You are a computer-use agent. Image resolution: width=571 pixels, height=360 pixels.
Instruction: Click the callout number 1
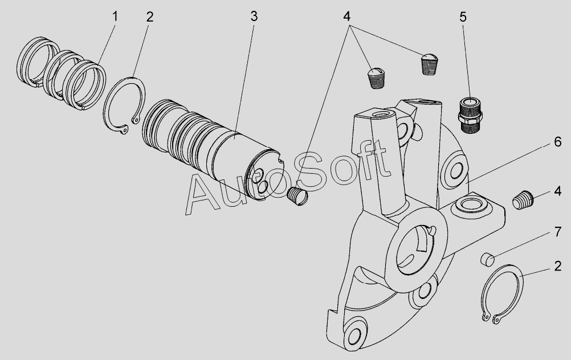[115, 17]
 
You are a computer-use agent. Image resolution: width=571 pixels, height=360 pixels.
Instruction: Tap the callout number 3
[254, 17]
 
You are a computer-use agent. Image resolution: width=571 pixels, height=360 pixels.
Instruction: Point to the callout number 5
[463, 17]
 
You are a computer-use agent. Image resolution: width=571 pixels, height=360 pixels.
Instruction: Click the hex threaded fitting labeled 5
[470, 114]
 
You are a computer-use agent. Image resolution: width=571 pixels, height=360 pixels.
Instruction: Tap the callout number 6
[557, 142]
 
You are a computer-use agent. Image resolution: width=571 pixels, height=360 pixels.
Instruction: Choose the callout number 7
[557, 232]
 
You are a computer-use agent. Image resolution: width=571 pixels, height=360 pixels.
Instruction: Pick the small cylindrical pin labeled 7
[487, 259]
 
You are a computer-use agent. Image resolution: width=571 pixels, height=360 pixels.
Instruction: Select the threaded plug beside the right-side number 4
[523, 200]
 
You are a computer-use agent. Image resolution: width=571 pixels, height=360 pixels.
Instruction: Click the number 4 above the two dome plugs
[346, 17]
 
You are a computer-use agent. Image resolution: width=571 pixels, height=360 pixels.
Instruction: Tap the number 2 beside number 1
[150, 17]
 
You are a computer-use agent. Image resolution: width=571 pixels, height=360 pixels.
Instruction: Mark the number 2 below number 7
[557, 267]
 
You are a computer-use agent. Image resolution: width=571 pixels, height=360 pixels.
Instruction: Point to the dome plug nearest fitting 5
[430, 64]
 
